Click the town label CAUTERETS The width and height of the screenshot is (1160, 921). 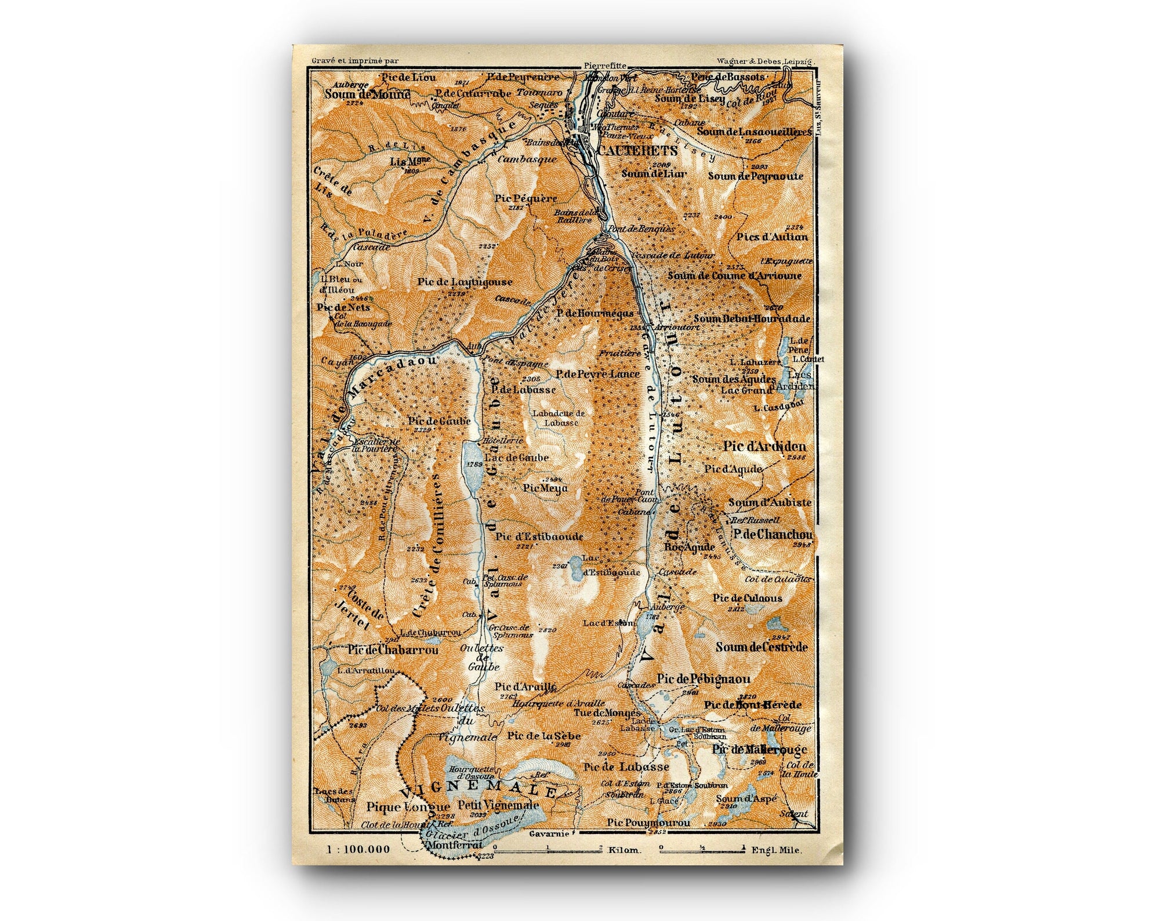coord(630,150)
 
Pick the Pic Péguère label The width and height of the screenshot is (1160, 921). coord(526,198)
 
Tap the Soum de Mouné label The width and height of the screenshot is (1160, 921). coord(367,94)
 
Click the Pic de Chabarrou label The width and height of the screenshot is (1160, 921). coord(393,650)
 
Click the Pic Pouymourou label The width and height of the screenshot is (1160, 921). coord(648,823)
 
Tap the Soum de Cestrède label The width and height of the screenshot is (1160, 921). coord(761,647)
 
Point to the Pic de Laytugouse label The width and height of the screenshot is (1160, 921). coord(465,282)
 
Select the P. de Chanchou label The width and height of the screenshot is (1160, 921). coord(772,534)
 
